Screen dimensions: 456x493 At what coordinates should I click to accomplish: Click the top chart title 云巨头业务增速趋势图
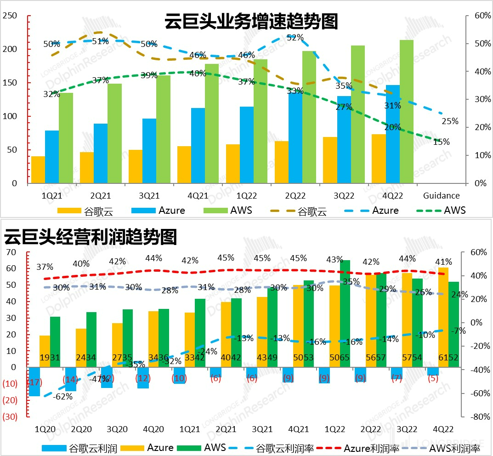251,21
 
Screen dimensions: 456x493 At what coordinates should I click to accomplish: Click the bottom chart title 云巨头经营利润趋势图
91,237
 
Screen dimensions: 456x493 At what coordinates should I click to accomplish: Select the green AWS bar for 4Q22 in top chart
407,112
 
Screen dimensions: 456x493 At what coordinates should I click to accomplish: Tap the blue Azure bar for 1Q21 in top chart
52,157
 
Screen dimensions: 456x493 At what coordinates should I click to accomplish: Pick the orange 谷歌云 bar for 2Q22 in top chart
282,162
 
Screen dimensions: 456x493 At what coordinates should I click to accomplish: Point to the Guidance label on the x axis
441,195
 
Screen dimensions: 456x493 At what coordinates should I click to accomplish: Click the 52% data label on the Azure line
295,38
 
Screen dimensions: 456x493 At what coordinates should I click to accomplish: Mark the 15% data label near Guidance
442,142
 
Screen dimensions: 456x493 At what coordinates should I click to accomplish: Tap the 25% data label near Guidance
450,121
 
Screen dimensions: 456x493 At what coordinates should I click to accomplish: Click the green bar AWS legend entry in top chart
232,211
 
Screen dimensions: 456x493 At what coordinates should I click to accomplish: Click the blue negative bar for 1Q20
34,382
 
